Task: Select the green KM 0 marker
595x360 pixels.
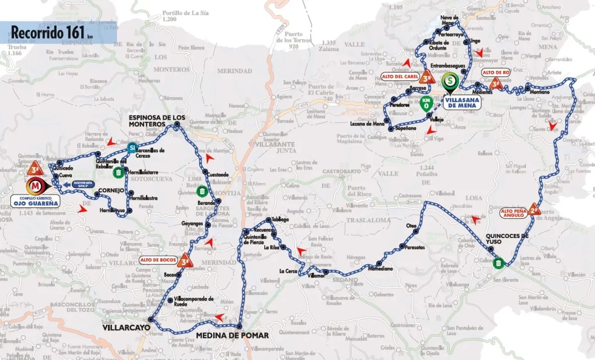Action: (x=425, y=104)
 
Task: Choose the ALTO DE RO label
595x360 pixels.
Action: (x=496, y=72)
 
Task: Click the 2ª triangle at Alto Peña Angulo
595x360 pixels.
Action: (x=534, y=209)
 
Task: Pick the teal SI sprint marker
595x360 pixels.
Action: (x=131, y=147)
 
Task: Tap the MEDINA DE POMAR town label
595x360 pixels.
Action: (x=233, y=336)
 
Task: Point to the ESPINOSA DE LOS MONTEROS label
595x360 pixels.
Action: (x=157, y=120)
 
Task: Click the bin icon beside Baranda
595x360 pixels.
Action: (x=202, y=191)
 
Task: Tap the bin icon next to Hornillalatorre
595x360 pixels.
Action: (x=118, y=173)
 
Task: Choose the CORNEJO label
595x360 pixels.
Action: (x=110, y=190)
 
